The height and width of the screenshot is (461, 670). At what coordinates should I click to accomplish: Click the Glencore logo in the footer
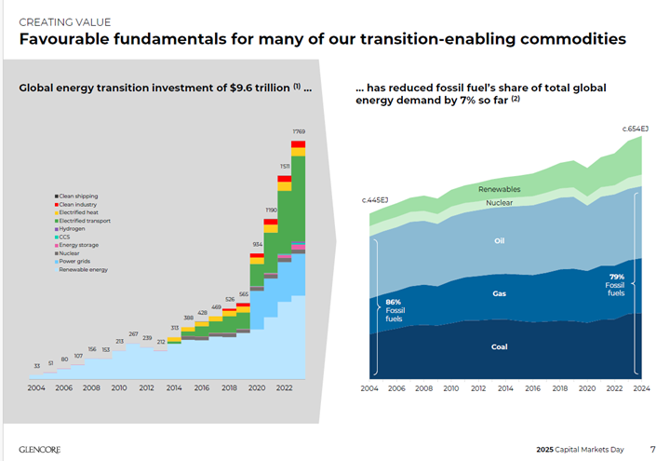coord(42,448)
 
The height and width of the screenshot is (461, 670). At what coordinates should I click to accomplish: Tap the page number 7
coord(652,448)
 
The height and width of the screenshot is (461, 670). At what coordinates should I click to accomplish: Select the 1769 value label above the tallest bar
coord(299,131)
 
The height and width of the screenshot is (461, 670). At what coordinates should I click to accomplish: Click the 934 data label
coord(256,244)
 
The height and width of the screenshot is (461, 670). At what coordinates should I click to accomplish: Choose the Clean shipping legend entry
coord(83,196)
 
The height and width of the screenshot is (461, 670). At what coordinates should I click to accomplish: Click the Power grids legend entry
coord(79,262)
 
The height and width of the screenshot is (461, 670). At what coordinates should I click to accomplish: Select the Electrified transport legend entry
coord(89,221)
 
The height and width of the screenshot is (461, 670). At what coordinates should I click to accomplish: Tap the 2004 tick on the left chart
coord(36,387)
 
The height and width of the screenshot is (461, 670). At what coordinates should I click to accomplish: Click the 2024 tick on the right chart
coord(642,387)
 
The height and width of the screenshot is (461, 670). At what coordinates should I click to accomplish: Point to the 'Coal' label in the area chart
coord(499,347)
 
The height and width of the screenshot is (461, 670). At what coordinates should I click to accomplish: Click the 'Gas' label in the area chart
coord(499,293)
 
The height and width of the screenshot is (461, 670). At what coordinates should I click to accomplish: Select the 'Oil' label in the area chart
coord(499,240)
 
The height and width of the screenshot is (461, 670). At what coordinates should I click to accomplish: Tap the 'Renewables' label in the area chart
coord(499,190)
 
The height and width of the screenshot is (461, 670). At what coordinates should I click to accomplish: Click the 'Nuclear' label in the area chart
coord(499,203)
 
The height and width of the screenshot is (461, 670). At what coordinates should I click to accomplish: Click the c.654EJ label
coord(636,128)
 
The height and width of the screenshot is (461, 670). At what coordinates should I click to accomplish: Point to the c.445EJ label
coord(375,201)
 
